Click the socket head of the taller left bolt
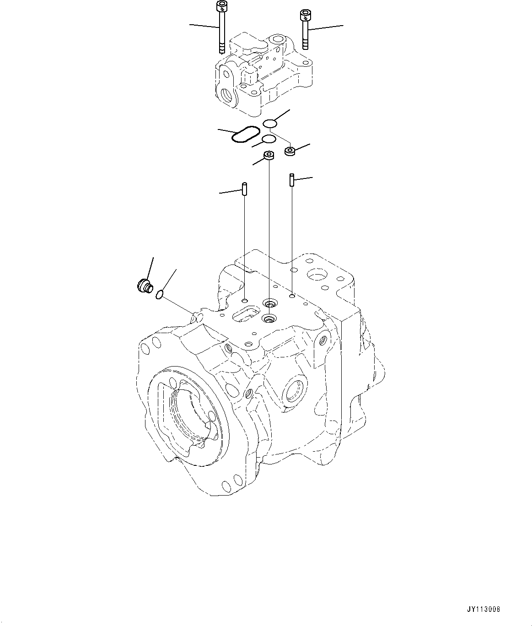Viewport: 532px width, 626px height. click(221, 6)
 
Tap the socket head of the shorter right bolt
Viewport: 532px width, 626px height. click(304, 15)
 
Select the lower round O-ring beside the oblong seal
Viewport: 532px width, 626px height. click(269, 139)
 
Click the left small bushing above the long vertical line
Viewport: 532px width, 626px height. click(269, 156)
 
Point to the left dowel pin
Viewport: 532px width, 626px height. click(245, 189)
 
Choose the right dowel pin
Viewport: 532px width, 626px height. click(291, 179)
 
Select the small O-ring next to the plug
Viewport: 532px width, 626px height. click(159, 295)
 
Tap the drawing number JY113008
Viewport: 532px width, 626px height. click(483, 609)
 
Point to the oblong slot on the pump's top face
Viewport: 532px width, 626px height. click(246, 314)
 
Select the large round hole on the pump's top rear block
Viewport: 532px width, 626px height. click(317, 275)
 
